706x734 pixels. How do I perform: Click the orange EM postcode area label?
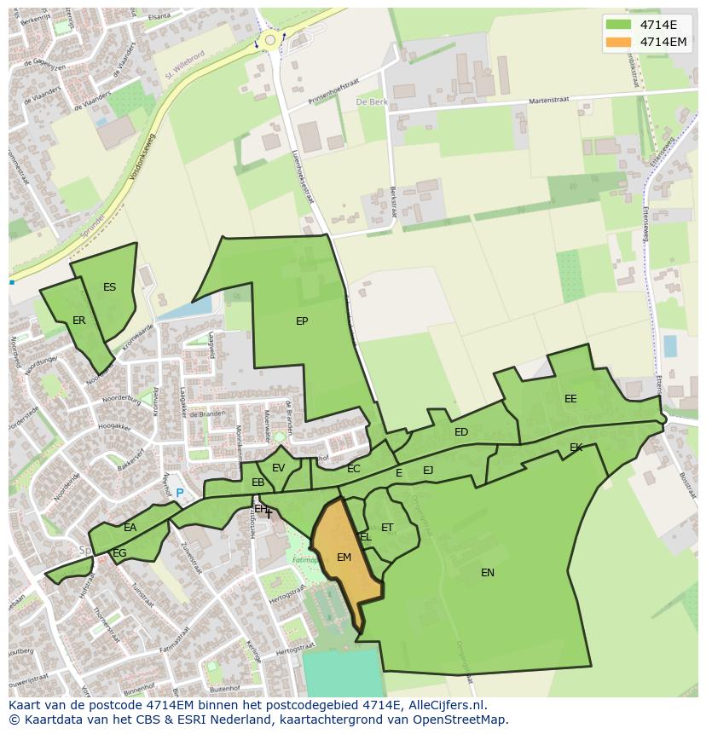344,558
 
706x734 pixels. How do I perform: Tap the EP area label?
302,321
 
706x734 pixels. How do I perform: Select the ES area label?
109,287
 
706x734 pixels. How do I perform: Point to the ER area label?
79,321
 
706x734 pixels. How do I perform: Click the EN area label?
488,573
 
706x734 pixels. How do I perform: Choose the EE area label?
570,399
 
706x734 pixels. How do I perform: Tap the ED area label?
461,432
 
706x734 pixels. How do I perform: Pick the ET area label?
387,528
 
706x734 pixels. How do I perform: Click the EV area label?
278,468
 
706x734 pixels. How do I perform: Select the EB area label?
258,483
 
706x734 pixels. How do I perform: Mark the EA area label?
130,528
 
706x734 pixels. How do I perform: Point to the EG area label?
119,553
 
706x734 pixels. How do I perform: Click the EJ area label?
428,470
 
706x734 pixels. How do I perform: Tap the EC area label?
354,469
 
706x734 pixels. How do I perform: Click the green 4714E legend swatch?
619,25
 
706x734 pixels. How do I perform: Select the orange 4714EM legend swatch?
619,42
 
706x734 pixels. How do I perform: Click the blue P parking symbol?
179,493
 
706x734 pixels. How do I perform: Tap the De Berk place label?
372,101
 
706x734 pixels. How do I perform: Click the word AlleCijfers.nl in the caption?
444,705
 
